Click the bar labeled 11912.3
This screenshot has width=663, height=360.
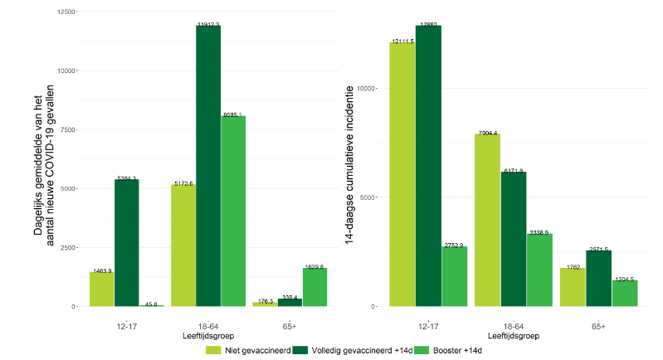tap(208, 166)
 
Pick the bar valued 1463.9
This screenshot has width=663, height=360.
tap(102, 289)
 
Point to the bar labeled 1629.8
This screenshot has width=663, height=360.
tap(314, 287)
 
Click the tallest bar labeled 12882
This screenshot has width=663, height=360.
tap(428, 166)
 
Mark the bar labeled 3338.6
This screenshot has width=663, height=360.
tap(539, 270)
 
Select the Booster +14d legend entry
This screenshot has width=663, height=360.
tap(449, 350)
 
